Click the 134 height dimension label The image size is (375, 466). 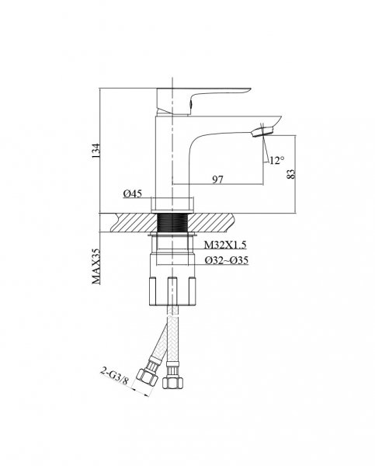click(x=96, y=151)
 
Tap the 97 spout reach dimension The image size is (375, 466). click(x=217, y=179)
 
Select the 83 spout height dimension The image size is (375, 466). click(x=291, y=174)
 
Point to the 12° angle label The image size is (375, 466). click(x=277, y=161)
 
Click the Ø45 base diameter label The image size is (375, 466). click(x=133, y=193)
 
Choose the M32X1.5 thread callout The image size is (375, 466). click(x=225, y=245)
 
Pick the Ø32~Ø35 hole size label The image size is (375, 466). click(x=227, y=260)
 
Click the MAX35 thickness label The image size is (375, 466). click(x=96, y=266)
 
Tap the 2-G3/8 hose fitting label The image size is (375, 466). click(x=114, y=376)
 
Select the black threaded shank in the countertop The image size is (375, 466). click(x=172, y=223)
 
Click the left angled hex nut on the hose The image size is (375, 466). click(x=147, y=378)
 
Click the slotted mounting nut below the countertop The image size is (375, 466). click(x=172, y=291)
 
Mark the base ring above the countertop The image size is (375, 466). click(x=172, y=205)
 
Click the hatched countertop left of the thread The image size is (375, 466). click(x=134, y=223)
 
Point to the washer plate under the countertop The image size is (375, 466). click(x=172, y=235)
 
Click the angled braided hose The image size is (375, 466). click(x=158, y=342)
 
